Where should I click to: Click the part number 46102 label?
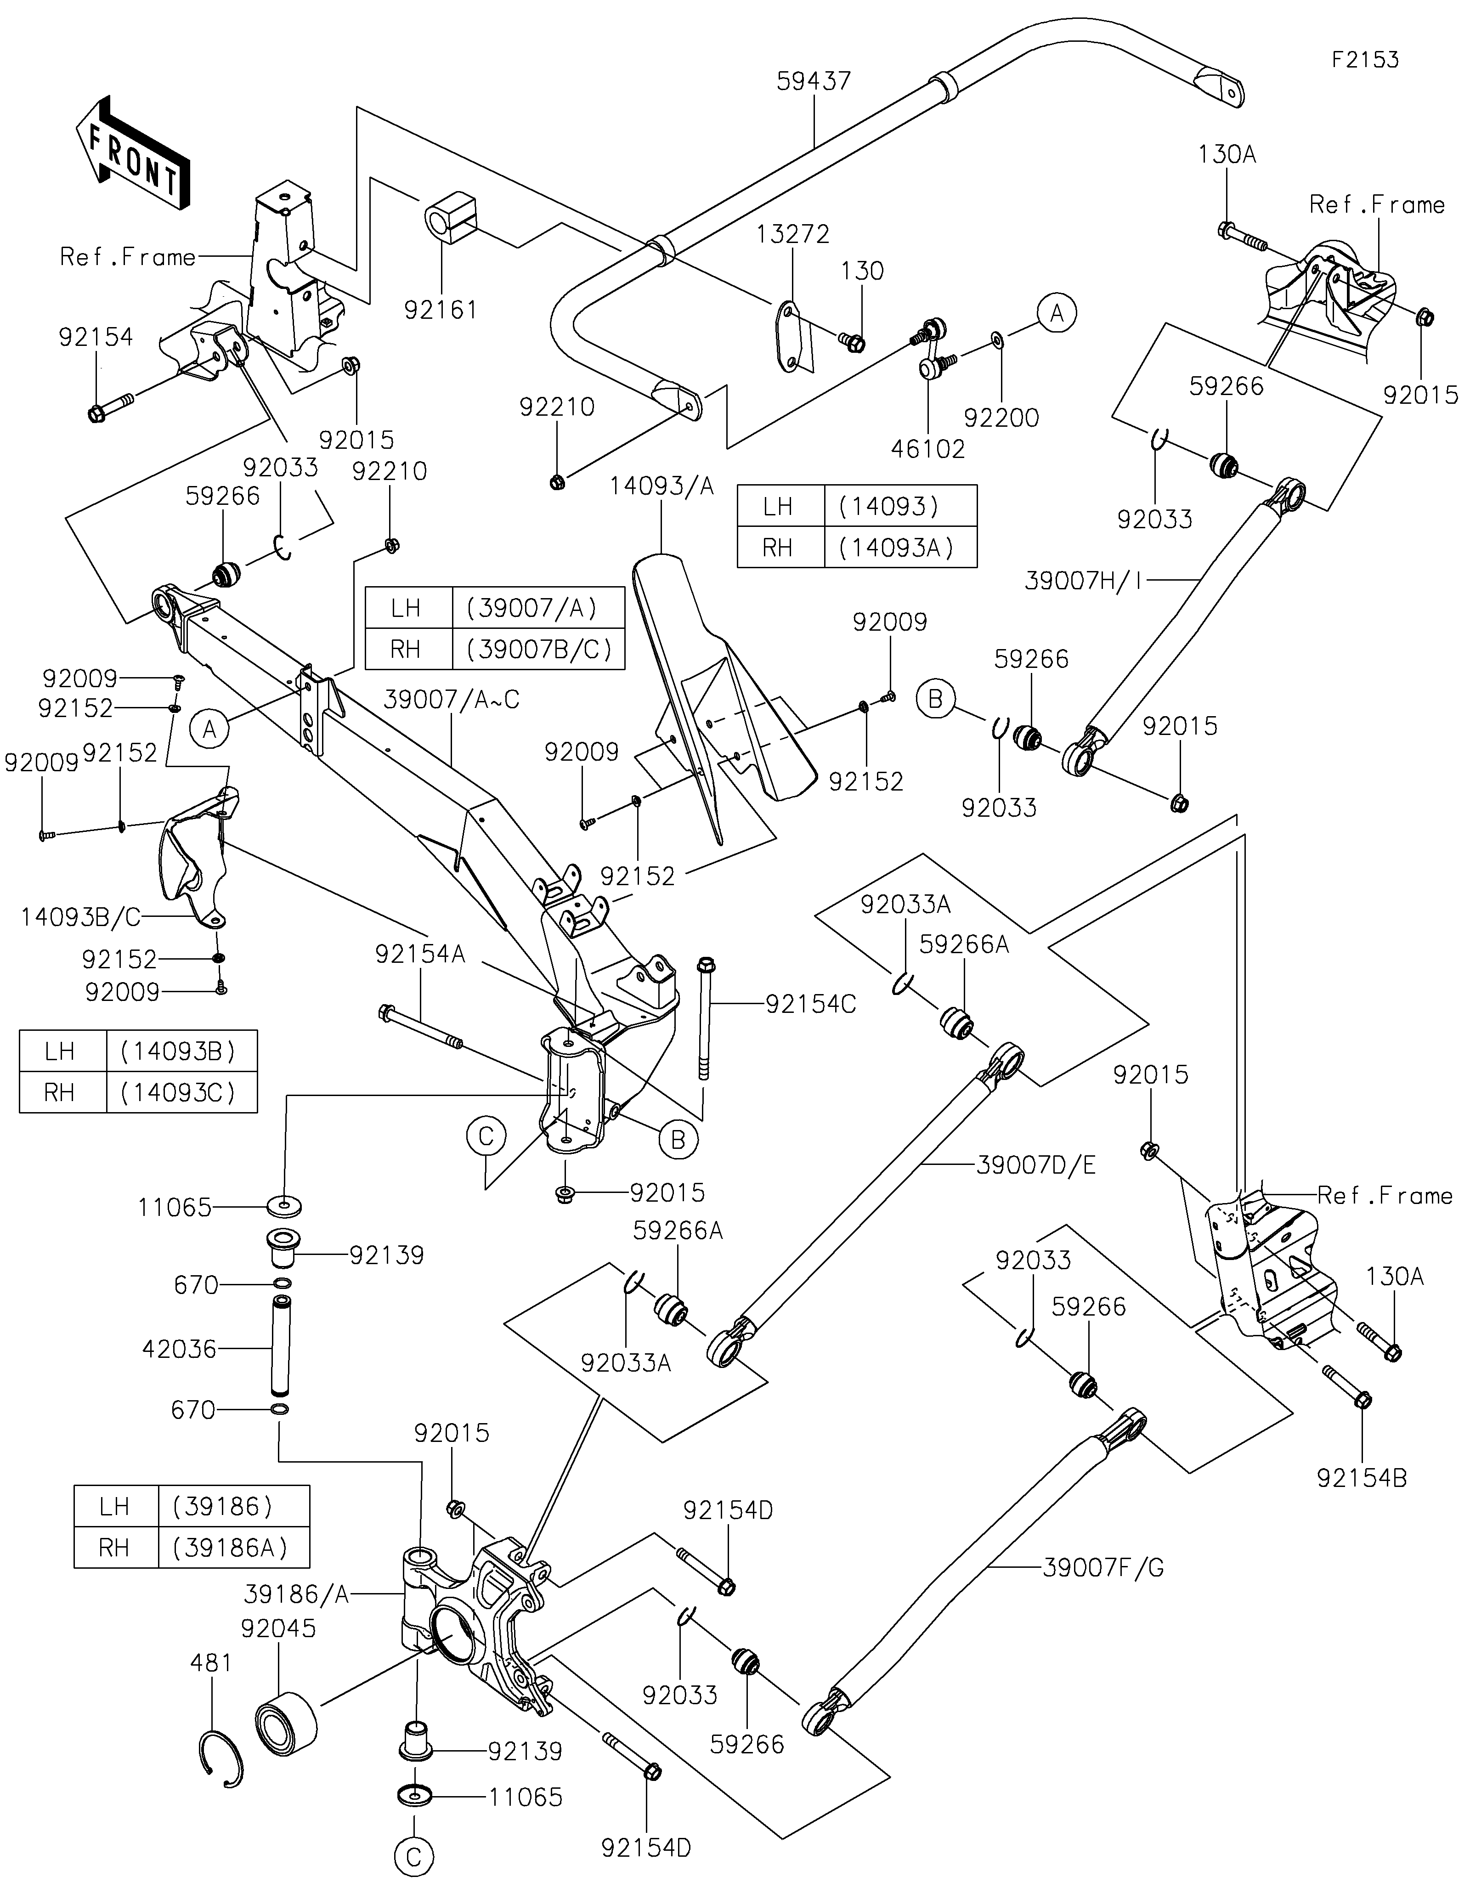tap(927, 449)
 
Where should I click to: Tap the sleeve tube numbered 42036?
tap(281, 1348)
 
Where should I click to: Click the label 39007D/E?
tap(1035, 1165)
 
